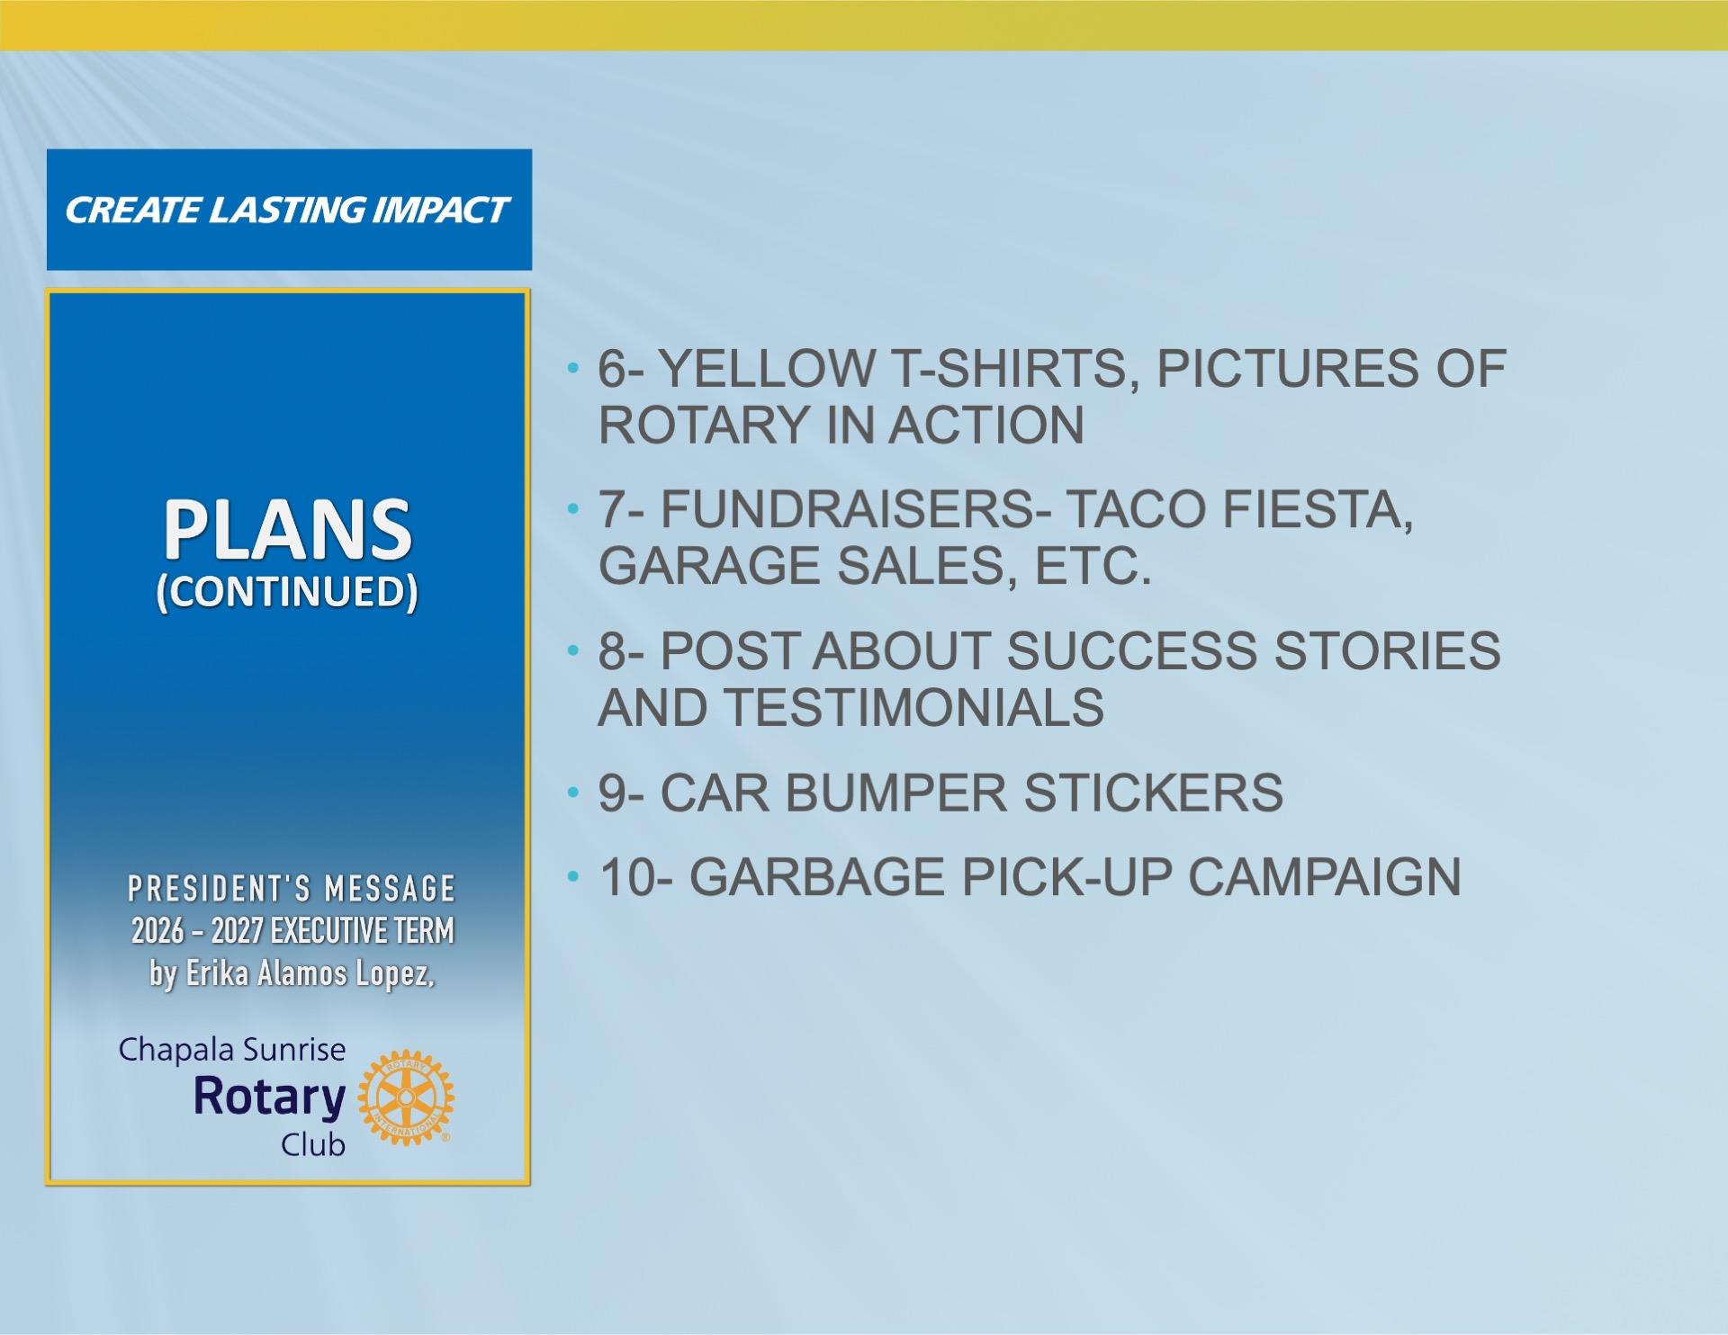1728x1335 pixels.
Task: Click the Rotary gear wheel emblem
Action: click(x=406, y=1098)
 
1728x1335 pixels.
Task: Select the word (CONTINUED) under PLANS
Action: click(x=287, y=592)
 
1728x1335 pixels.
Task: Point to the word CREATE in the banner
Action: click(x=132, y=211)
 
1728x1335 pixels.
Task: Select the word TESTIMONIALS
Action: click(x=914, y=707)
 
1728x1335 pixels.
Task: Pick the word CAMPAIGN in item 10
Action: click(x=1325, y=877)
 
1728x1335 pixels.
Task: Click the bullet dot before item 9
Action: click(x=572, y=793)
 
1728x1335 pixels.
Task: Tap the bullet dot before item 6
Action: click(x=572, y=368)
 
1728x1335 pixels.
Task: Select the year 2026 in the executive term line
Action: click(x=157, y=931)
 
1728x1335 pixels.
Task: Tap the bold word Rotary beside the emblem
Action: click(x=270, y=1098)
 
